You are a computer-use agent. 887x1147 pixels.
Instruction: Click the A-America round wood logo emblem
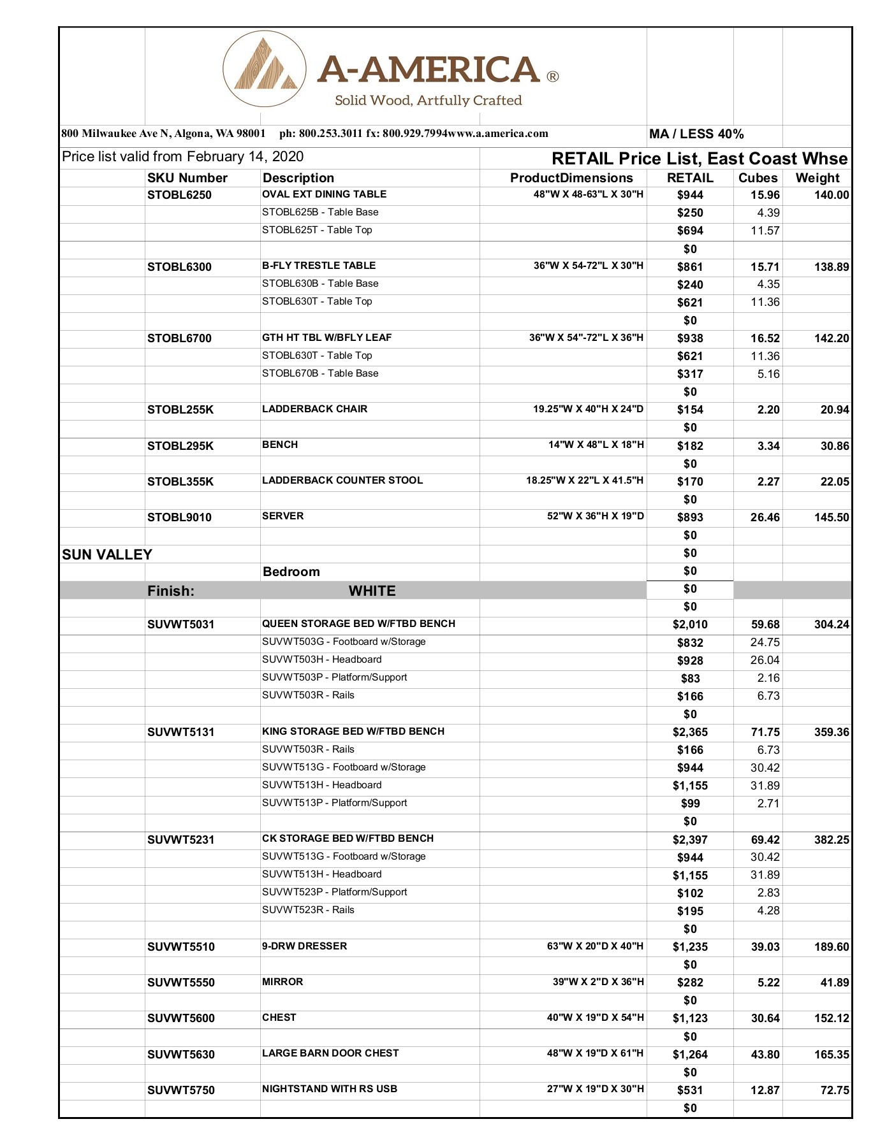[x=265, y=69]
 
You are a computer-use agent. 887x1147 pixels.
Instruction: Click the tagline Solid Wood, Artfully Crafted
[x=428, y=100]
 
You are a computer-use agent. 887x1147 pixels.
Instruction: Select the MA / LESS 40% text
[x=696, y=134]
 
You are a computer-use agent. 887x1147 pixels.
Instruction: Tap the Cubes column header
[x=758, y=178]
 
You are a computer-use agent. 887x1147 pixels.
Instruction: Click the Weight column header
[x=817, y=178]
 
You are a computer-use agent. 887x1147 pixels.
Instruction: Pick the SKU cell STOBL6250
[x=179, y=195]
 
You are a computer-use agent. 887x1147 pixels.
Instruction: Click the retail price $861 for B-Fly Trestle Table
[x=690, y=267]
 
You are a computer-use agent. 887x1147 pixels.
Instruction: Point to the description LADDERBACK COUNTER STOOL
[x=342, y=480]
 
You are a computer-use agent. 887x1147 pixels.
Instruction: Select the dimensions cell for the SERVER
[x=595, y=516]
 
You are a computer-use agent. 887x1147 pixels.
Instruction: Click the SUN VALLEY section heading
[x=107, y=554]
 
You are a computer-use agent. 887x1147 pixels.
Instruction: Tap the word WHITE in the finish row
[x=372, y=591]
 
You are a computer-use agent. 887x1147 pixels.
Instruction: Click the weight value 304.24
[x=831, y=624]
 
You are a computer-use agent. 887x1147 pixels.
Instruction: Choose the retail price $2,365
[x=690, y=732]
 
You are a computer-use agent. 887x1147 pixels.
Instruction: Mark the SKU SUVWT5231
[x=180, y=840]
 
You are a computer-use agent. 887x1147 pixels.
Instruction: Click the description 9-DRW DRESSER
[x=304, y=946]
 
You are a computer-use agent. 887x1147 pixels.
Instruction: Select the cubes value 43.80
[x=765, y=1055]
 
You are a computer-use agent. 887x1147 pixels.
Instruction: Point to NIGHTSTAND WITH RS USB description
[x=330, y=1089]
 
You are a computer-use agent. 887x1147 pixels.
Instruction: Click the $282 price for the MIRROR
[x=690, y=983]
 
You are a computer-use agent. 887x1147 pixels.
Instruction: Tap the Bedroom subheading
[x=291, y=572]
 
